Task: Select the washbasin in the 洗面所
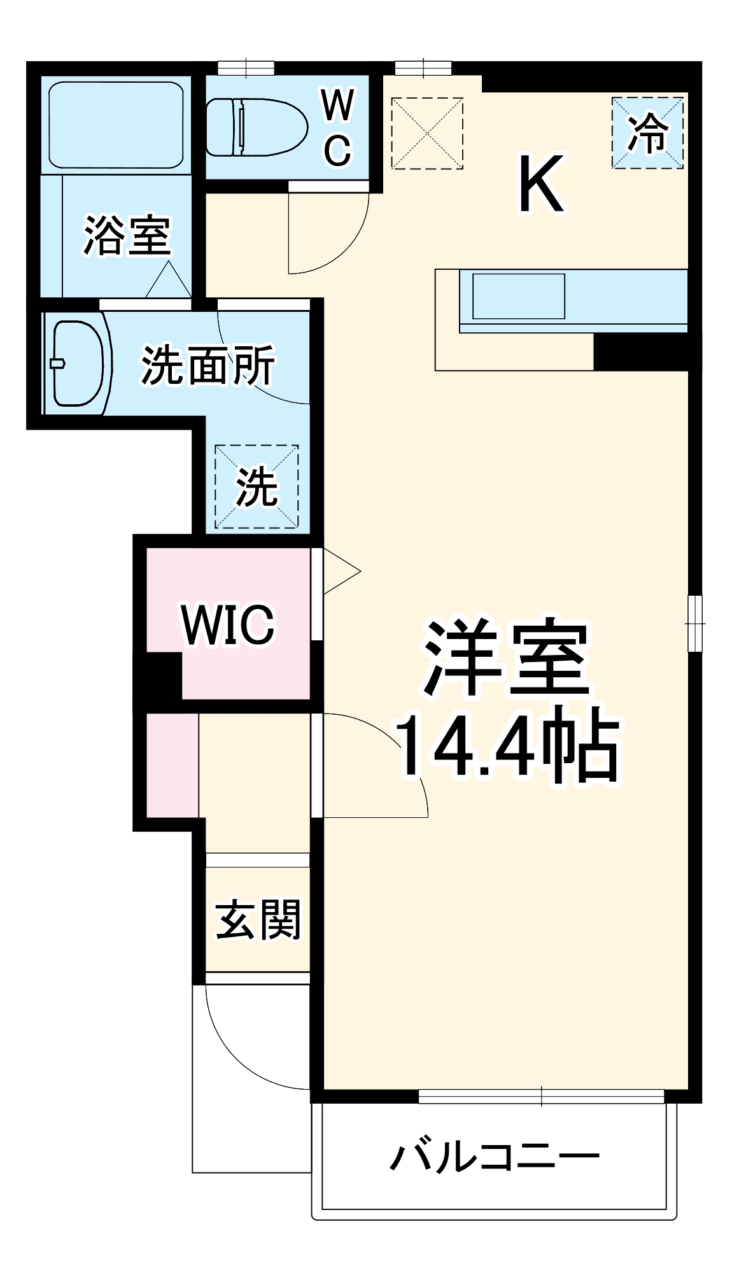click(x=78, y=363)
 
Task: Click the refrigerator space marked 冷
click(x=647, y=133)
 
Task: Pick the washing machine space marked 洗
click(x=257, y=486)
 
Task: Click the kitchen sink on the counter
click(x=518, y=296)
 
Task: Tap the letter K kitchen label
click(x=541, y=185)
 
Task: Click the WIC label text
click(x=228, y=624)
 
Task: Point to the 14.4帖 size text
click(x=507, y=749)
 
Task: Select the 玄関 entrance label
click(x=258, y=919)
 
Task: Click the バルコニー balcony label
click(x=494, y=1156)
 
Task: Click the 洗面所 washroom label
click(x=208, y=365)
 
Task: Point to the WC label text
click(x=337, y=128)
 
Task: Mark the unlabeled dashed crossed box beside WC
click(x=426, y=133)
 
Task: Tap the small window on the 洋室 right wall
click(x=695, y=623)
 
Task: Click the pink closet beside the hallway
click(x=172, y=765)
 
